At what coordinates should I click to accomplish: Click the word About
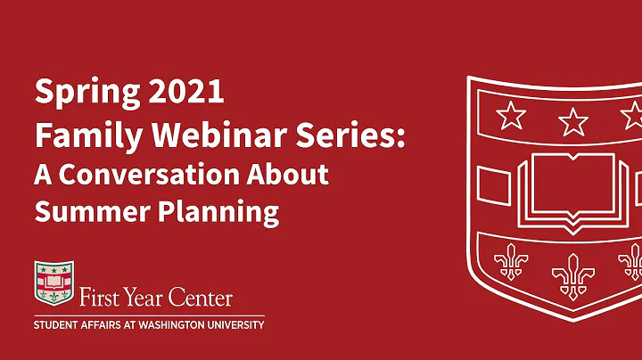click(x=291, y=174)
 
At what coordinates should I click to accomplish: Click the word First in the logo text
click(x=101, y=297)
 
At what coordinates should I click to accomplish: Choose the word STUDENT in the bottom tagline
click(x=59, y=325)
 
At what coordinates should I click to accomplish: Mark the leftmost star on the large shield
click(x=510, y=115)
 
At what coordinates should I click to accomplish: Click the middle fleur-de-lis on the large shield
click(x=571, y=275)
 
